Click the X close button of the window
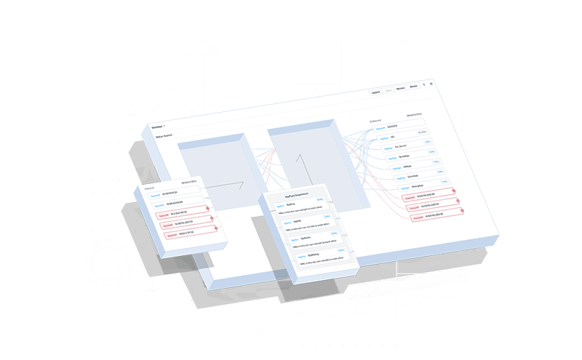(430, 84)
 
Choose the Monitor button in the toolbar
(401, 89)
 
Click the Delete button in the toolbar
(413, 87)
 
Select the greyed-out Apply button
(388, 91)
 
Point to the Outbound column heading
(376, 121)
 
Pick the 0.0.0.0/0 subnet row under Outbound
(389, 125)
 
